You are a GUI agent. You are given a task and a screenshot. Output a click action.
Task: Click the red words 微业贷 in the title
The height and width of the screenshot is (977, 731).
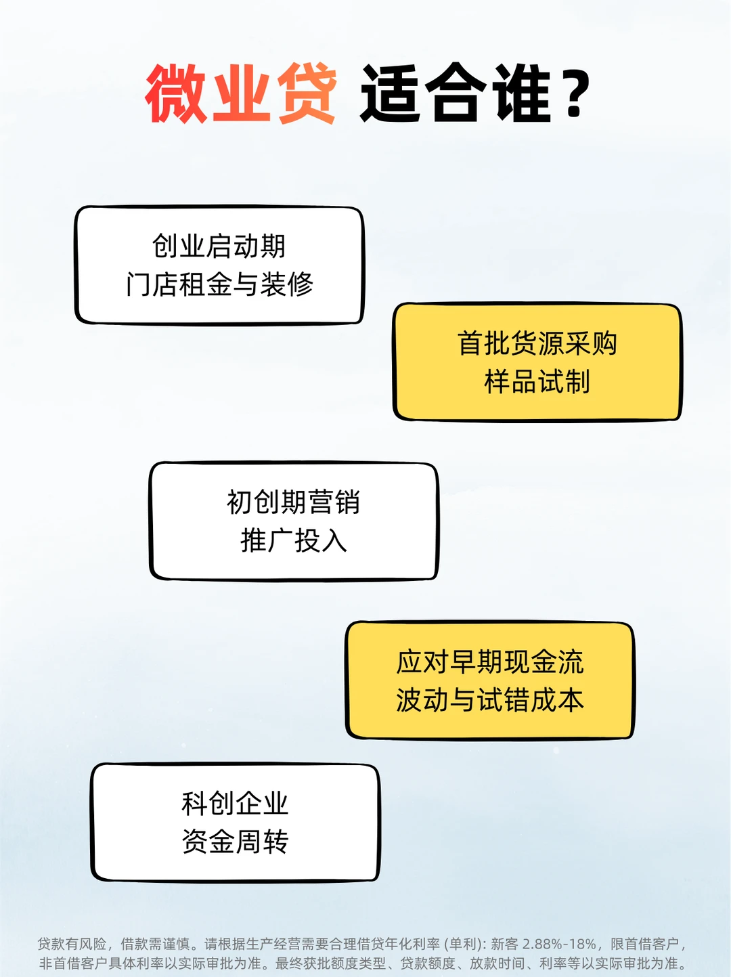[x=241, y=93]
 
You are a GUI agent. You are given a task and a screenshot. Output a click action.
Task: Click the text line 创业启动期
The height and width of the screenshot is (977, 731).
[x=219, y=246]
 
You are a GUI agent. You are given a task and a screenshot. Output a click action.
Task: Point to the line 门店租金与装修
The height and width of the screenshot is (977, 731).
[x=219, y=284]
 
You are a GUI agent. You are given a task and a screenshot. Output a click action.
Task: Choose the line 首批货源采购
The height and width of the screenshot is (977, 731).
[x=537, y=344]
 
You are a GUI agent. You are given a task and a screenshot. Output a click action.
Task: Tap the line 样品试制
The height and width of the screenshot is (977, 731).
[x=537, y=382]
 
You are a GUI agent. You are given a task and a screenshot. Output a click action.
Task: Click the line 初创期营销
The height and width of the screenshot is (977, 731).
[x=293, y=502]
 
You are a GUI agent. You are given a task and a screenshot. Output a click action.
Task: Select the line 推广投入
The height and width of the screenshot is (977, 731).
[x=293, y=541]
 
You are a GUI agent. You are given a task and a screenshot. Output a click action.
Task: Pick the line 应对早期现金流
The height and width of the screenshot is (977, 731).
[x=489, y=662]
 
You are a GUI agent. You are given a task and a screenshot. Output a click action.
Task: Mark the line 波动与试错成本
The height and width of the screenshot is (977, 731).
[x=489, y=700]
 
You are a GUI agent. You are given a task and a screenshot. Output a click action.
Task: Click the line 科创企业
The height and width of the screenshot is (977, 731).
[x=235, y=804]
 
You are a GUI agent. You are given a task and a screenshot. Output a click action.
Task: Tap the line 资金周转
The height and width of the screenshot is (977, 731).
[x=235, y=842]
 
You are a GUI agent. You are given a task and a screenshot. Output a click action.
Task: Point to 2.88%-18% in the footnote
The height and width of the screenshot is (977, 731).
[x=559, y=944]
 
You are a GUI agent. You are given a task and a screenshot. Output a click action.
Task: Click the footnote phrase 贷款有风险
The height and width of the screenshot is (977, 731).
[x=72, y=944]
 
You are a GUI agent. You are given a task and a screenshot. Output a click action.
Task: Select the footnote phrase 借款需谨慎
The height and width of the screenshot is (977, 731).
[x=155, y=944]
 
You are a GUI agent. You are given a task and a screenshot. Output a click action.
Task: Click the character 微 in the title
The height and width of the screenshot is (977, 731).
[x=176, y=93]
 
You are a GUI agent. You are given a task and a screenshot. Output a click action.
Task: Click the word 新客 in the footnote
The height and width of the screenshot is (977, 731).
[x=504, y=944]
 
